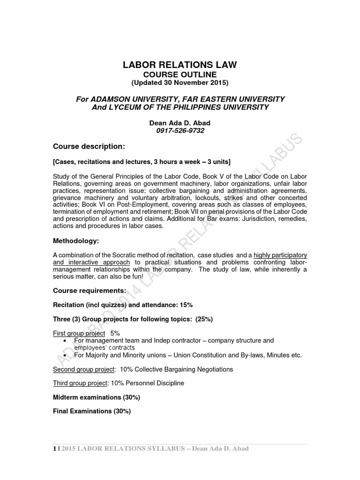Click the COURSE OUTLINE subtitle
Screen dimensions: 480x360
180,75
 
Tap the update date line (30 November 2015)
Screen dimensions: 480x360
180,83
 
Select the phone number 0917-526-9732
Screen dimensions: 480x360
180,131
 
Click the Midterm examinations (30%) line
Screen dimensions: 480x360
97,397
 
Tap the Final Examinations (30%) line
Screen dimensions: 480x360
92,411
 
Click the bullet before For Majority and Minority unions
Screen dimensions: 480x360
65,355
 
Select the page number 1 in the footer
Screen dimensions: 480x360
54,449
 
